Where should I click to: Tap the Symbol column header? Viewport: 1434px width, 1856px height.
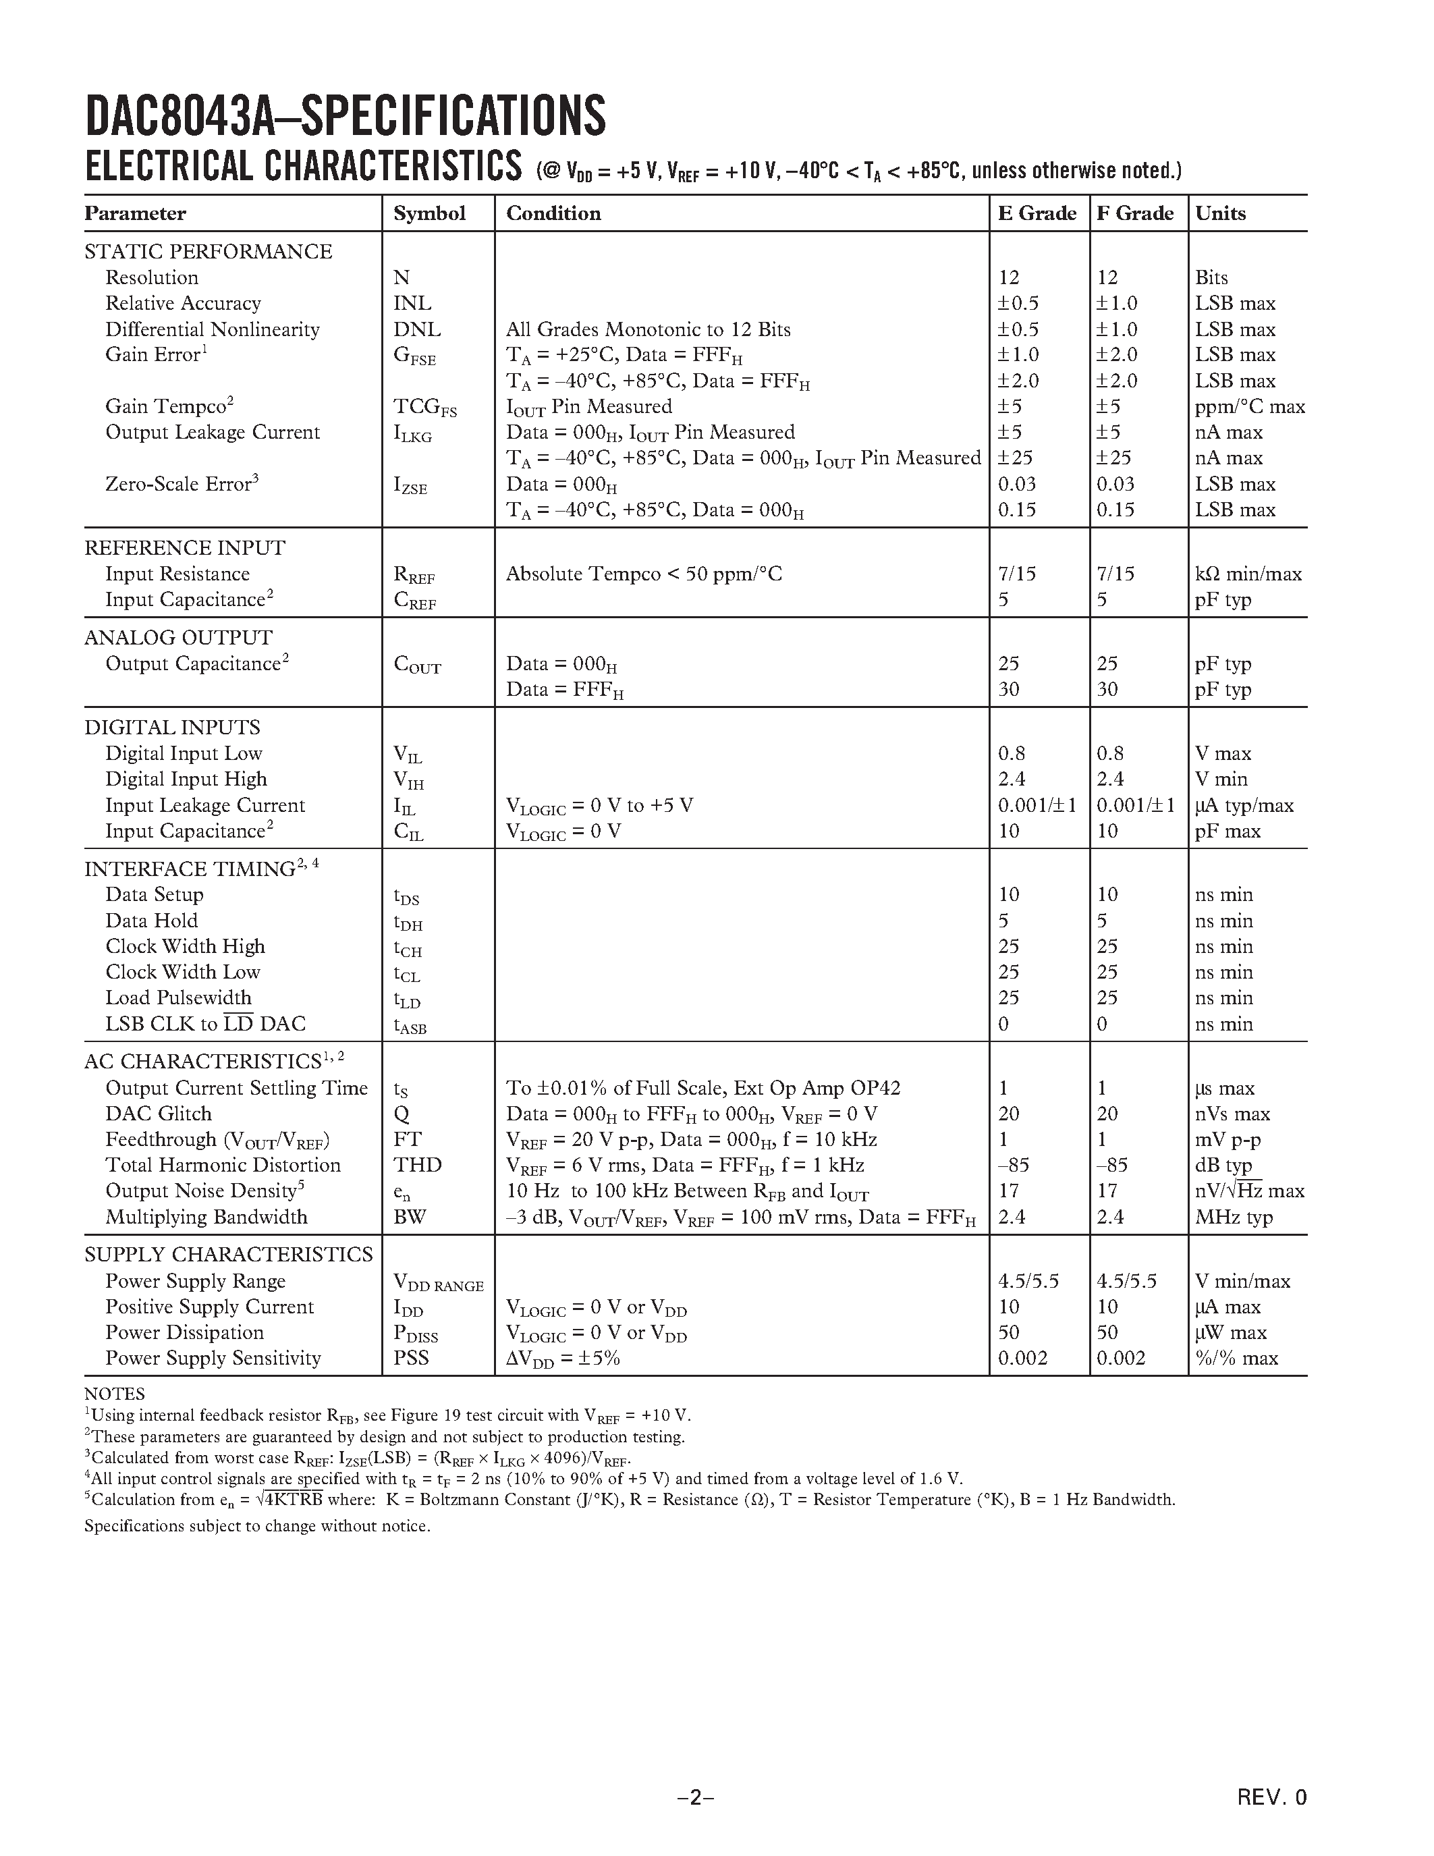click(429, 213)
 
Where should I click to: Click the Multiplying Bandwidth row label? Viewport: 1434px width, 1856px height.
click(206, 1217)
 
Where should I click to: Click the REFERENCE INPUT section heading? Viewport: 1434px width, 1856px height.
click(184, 548)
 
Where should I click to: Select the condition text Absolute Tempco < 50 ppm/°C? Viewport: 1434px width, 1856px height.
click(643, 574)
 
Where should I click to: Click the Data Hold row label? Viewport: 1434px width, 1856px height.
click(151, 921)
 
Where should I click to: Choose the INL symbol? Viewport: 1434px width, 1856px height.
click(412, 304)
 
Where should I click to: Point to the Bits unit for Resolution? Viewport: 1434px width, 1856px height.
click(1211, 278)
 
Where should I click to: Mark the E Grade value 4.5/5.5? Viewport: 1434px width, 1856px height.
click(1028, 1282)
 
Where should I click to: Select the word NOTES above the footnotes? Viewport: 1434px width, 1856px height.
click(114, 1394)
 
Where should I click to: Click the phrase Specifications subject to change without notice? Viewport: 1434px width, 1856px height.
click(257, 1525)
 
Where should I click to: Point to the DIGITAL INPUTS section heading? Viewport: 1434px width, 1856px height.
click(173, 728)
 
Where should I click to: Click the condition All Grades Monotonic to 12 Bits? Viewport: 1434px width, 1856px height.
click(649, 330)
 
